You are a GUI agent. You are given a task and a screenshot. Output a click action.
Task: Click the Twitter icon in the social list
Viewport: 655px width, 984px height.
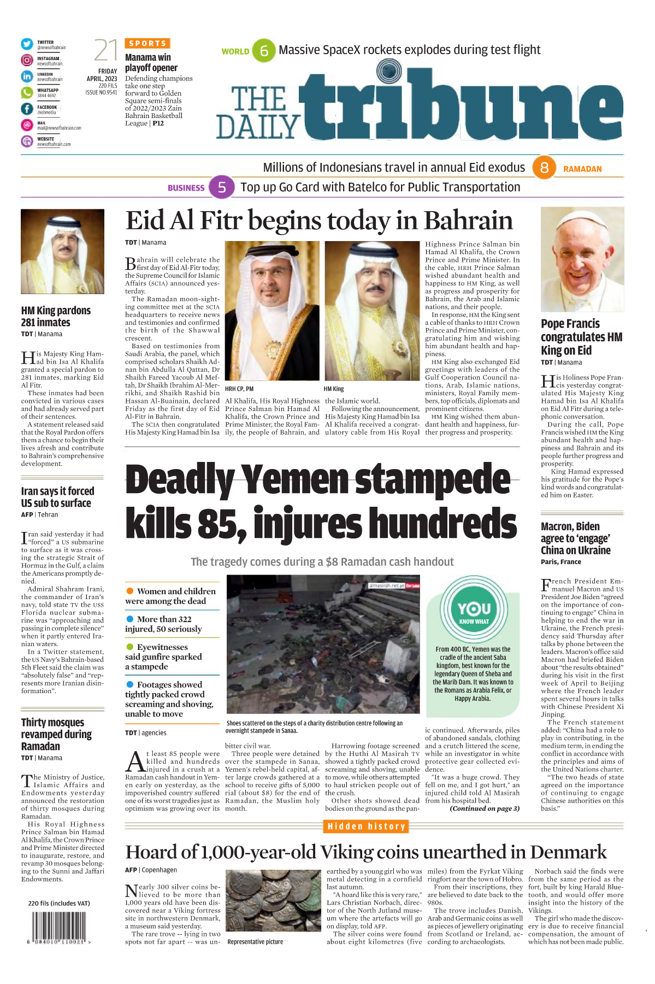(x=27, y=44)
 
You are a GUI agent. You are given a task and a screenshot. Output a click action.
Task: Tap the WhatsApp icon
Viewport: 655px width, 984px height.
(x=27, y=92)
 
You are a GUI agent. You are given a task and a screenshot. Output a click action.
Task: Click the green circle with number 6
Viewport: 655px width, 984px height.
(x=264, y=51)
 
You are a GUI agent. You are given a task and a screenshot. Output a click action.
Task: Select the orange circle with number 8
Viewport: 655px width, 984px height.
(x=544, y=168)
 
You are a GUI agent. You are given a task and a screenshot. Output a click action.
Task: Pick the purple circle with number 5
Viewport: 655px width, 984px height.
(x=222, y=188)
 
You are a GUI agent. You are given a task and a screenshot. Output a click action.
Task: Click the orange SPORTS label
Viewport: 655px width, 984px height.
(x=147, y=43)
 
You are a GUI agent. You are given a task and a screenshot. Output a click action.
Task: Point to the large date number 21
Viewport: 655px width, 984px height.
(x=105, y=51)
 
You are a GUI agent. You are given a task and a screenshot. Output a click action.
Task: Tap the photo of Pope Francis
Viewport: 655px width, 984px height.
(x=582, y=259)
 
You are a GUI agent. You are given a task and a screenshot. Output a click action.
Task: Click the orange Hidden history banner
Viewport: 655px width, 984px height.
(x=366, y=827)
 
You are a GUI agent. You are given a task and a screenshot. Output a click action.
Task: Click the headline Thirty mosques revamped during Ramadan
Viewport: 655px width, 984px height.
(x=56, y=734)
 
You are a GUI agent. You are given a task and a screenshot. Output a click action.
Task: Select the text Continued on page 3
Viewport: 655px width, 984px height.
(x=485, y=809)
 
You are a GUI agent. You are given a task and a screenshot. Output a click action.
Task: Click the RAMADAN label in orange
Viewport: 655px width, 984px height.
(x=582, y=169)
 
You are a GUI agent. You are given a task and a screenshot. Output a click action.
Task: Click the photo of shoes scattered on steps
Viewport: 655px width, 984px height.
(x=323, y=645)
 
